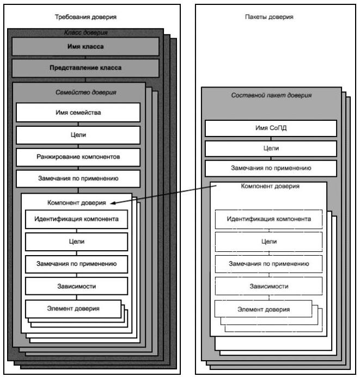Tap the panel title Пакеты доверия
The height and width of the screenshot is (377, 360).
click(269, 17)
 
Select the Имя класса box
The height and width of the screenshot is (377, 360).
click(85, 46)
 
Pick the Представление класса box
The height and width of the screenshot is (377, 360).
click(85, 68)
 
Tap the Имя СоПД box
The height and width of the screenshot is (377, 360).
click(271, 128)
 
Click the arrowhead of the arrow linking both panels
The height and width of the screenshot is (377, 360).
click(112, 203)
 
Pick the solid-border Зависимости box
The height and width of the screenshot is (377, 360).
click(77, 285)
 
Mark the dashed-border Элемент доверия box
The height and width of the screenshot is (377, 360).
click(263, 308)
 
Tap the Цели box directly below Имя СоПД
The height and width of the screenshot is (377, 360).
click(271, 148)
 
